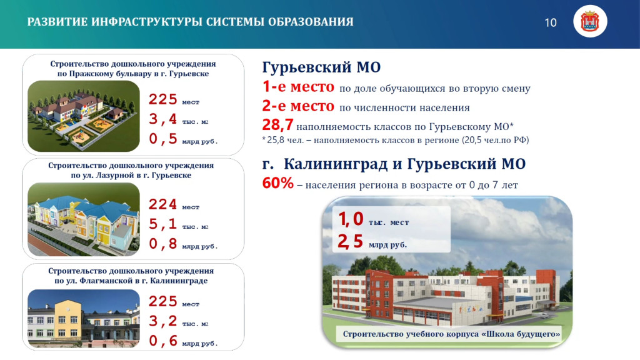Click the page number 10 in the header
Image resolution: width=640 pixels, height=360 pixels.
click(551, 23)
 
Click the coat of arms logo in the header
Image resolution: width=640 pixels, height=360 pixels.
click(589, 23)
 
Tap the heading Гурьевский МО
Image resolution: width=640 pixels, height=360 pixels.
click(321, 67)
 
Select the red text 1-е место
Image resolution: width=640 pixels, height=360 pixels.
click(298, 87)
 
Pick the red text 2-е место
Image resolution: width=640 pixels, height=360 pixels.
click(298, 107)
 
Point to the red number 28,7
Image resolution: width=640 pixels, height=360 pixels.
click(277, 126)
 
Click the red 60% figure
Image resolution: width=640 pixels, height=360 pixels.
click(277, 184)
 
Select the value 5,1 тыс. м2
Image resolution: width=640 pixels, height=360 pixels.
click(178, 225)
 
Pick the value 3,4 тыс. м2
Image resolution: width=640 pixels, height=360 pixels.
click(178, 119)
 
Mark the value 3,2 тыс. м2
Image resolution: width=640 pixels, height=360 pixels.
click(178, 322)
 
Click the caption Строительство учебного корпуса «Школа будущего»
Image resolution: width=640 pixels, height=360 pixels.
click(451, 335)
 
